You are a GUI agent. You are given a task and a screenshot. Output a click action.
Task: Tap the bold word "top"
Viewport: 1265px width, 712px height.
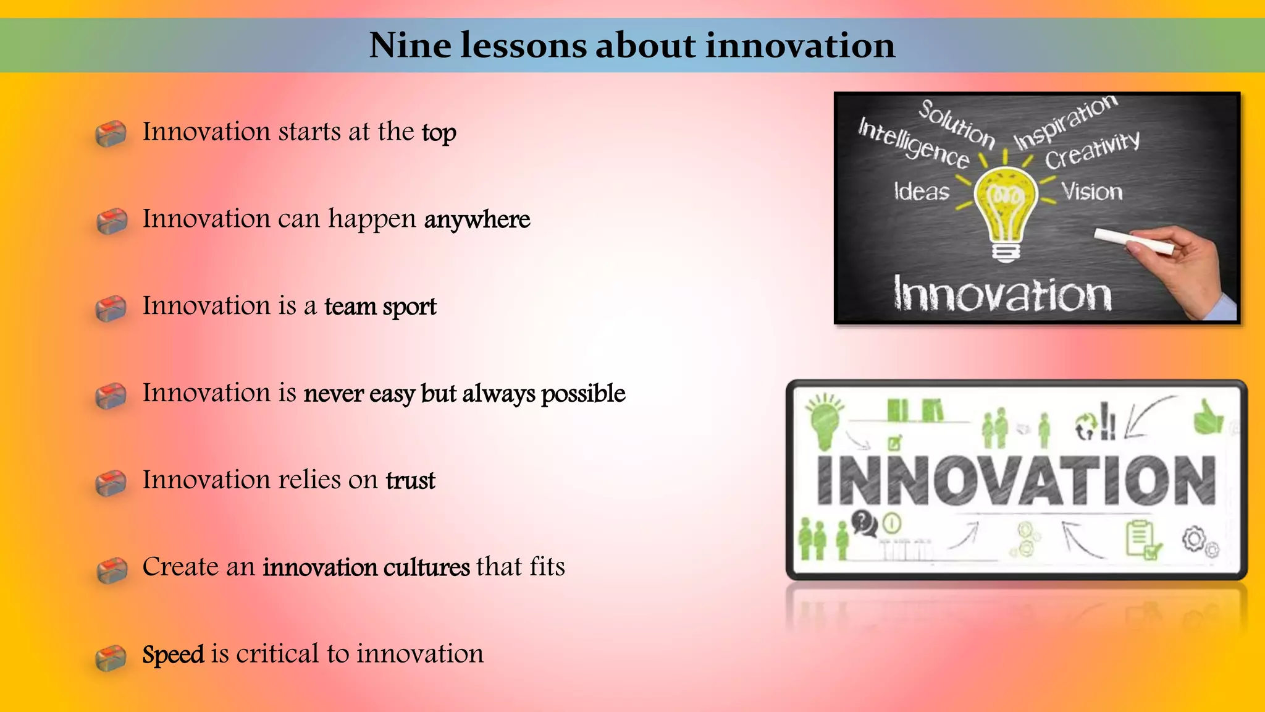439,133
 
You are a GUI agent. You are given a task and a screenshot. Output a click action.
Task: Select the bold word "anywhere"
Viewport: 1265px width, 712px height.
477,220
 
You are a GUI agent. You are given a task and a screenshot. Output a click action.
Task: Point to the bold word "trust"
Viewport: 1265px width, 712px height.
411,481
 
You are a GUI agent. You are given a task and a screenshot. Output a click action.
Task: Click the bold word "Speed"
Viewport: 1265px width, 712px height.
173,655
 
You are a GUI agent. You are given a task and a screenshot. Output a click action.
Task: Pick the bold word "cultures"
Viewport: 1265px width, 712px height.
427,567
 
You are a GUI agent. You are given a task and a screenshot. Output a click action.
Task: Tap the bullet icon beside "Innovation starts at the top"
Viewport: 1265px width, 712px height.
111,134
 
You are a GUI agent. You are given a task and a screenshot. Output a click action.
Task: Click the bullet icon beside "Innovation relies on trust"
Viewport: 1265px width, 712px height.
111,483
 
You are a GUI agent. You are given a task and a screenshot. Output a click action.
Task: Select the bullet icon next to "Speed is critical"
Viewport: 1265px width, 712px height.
111,657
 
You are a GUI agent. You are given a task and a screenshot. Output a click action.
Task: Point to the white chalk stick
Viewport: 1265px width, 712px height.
1133,240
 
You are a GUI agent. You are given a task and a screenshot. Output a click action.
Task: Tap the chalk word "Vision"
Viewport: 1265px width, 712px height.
1092,192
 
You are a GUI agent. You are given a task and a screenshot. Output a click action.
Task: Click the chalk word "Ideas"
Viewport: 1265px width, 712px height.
922,191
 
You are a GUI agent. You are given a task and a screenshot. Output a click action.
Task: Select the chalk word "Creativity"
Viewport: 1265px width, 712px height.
1092,150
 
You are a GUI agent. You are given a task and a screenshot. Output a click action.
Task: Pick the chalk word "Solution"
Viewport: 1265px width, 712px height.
956,124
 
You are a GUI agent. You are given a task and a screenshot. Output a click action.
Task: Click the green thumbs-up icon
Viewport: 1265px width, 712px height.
1208,418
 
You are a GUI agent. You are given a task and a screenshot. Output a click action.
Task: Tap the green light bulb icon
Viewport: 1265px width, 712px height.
825,421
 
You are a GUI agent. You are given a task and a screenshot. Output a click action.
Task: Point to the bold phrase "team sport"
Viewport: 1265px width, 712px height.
380,307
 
